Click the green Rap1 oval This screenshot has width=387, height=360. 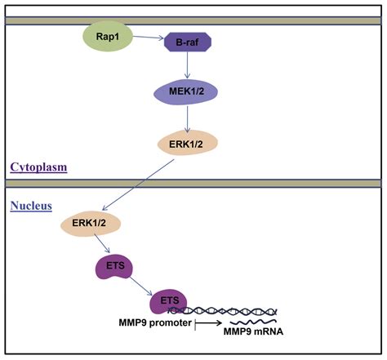pyautogui.click(x=108, y=37)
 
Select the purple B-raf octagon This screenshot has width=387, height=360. pyautogui.click(x=188, y=42)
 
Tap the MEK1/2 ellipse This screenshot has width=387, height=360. pyautogui.click(x=186, y=92)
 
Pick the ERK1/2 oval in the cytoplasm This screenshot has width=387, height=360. pyautogui.click(x=188, y=143)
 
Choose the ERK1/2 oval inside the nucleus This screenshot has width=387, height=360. pyautogui.click(x=91, y=224)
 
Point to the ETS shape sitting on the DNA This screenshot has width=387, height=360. pyautogui.click(x=169, y=301)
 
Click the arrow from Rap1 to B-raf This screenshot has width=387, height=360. pyautogui.click(x=148, y=38)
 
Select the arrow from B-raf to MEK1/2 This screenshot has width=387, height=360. pyautogui.click(x=187, y=65)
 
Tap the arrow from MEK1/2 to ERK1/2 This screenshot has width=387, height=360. pyautogui.click(x=187, y=119)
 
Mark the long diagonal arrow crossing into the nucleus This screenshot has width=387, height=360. pyautogui.click(x=138, y=185)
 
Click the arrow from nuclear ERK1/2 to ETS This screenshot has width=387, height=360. pyautogui.click(x=102, y=243)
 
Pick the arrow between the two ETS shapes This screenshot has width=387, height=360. pyautogui.click(x=140, y=286)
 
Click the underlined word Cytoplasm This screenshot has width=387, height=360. pyautogui.click(x=38, y=167)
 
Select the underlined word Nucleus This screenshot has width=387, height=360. pyautogui.click(x=31, y=206)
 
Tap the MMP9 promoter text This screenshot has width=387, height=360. pyautogui.click(x=155, y=323)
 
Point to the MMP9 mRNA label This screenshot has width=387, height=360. pyautogui.click(x=253, y=331)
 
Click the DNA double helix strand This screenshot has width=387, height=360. pyautogui.click(x=223, y=311)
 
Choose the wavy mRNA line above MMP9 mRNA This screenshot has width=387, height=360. pyautogui.click(x=253, y=322)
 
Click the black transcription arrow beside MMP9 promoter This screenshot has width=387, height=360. pyautogui.click(x=208, y=323)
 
